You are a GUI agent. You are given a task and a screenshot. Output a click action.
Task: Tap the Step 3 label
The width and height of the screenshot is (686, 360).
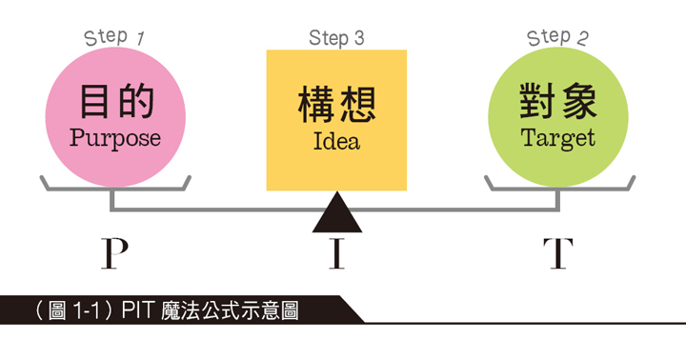pos(336,38)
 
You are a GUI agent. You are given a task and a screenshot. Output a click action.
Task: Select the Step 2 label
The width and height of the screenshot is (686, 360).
pos(557,38)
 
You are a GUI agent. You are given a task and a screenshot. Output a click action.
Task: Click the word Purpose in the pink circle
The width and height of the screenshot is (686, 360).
pos(114,138)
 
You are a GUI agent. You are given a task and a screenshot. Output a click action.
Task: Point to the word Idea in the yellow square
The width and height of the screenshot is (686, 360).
pos(336,144)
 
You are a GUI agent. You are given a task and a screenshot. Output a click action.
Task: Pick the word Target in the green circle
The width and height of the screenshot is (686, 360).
pos(558,138)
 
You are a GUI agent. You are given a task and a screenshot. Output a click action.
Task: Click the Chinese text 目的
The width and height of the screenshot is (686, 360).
pos(115,102)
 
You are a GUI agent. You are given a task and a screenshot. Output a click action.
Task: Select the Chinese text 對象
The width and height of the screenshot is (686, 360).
pos(558,101)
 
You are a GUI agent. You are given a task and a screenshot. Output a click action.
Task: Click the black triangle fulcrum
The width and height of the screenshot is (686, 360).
pos(337,215)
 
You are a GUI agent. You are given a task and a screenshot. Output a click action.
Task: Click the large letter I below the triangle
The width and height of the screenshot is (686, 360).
pos(336,254)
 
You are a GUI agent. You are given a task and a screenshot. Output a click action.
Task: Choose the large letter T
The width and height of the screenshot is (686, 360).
pos(558,254)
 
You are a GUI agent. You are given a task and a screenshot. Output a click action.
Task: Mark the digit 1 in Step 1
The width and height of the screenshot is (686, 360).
pos(140,38)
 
